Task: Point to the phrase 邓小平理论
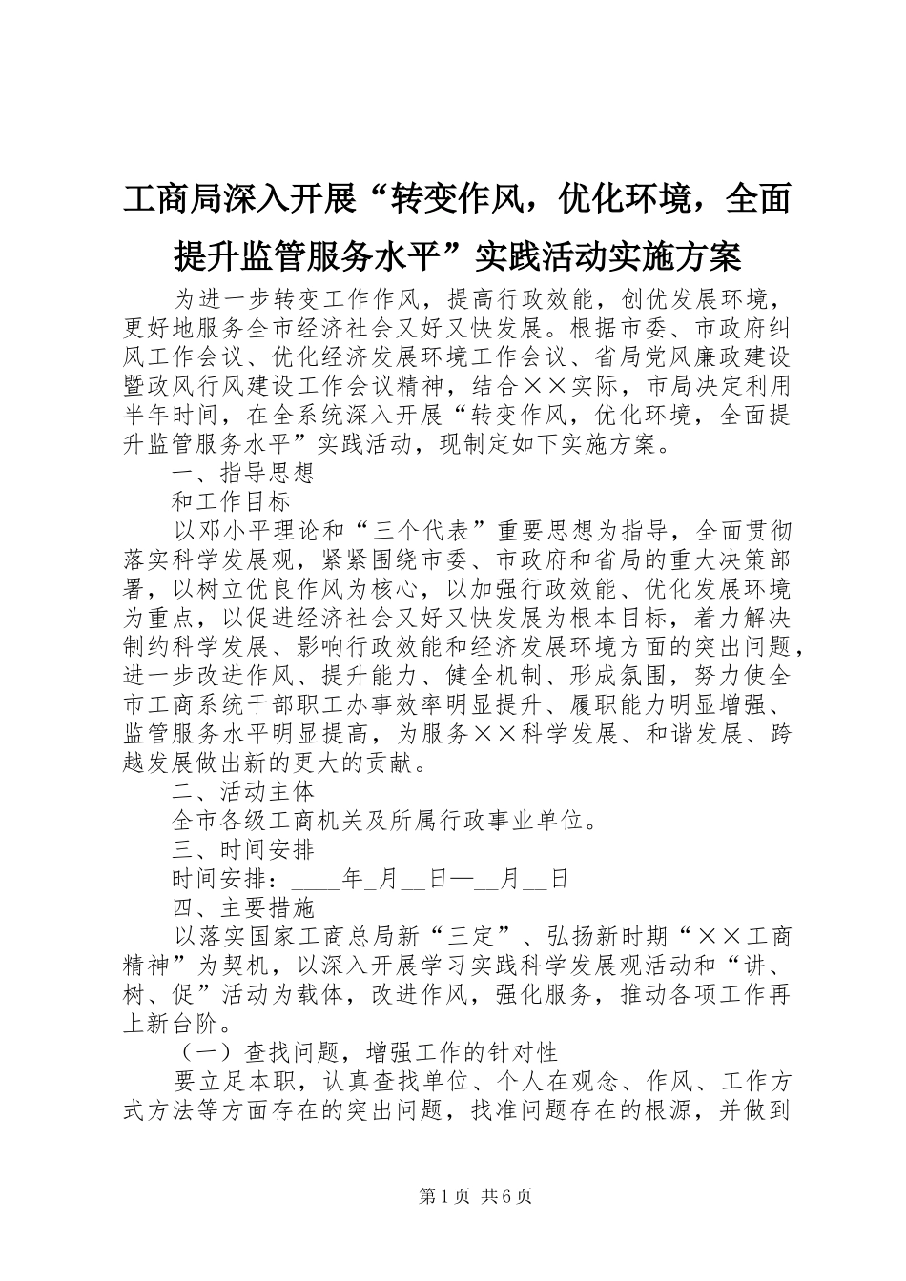click(256, 531)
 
